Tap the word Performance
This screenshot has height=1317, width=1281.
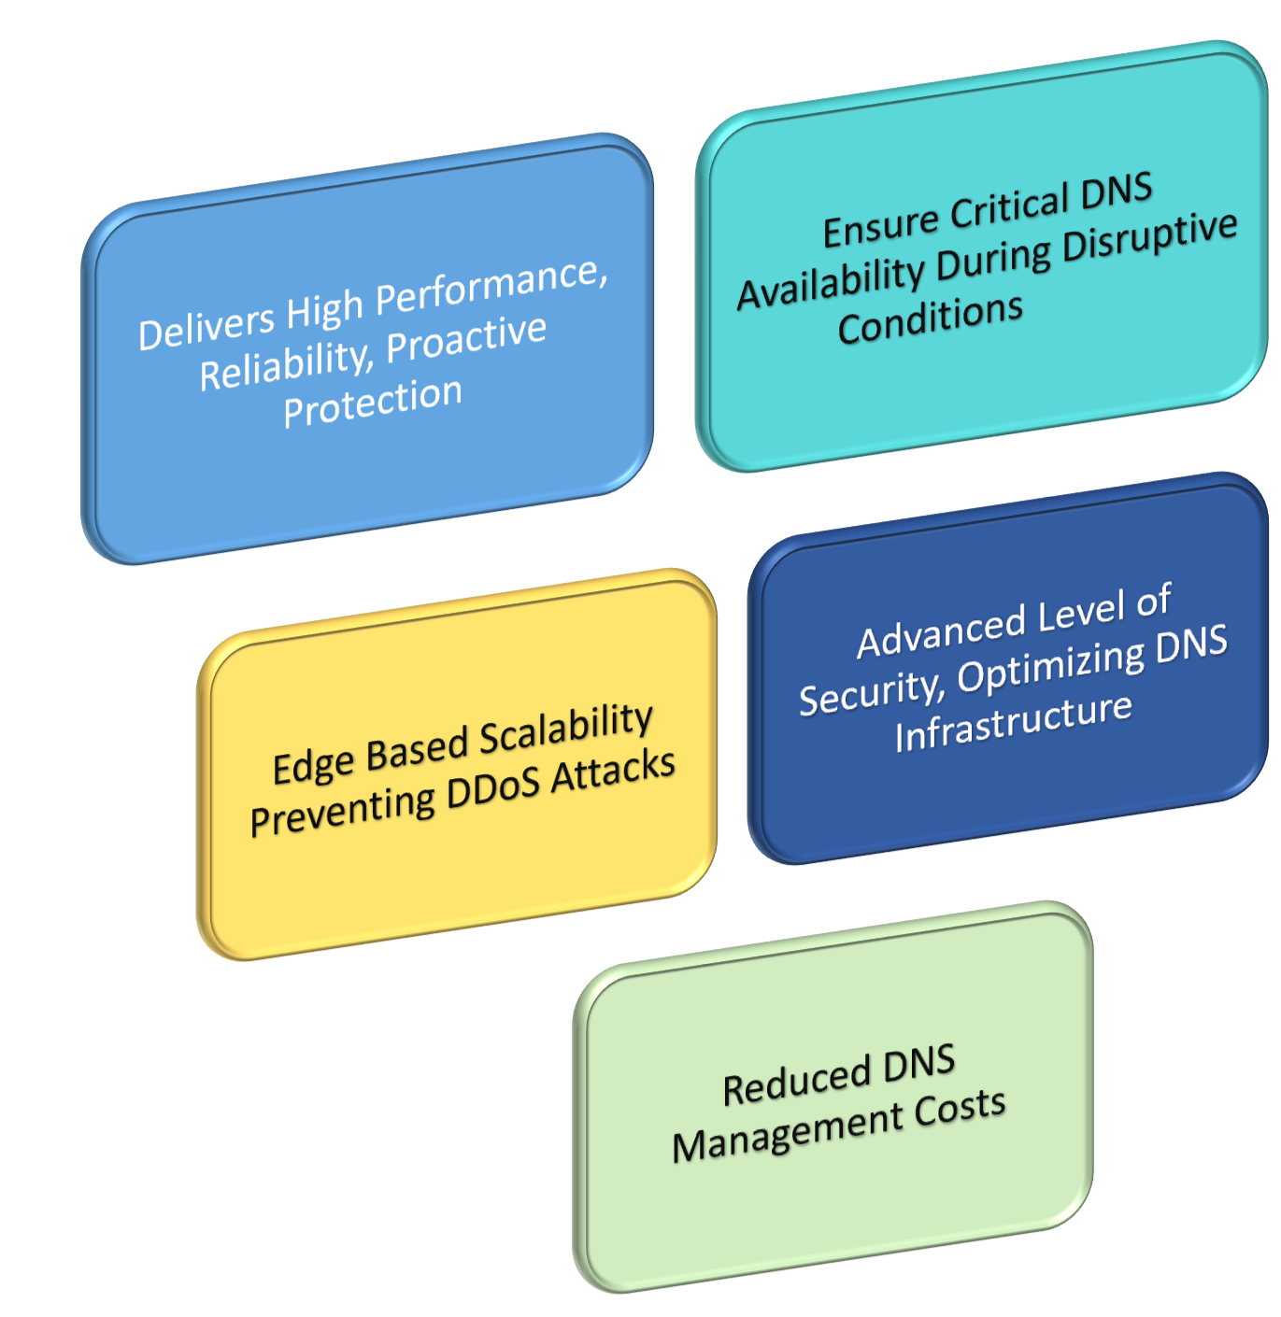(490, 284)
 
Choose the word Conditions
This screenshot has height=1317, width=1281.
(930, 320)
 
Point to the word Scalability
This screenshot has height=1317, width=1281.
(565, 729)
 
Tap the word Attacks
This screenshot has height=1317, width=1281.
(612, 772)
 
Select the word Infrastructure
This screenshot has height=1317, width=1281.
(1013, 722)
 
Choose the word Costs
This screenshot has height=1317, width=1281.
(960, 1108)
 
